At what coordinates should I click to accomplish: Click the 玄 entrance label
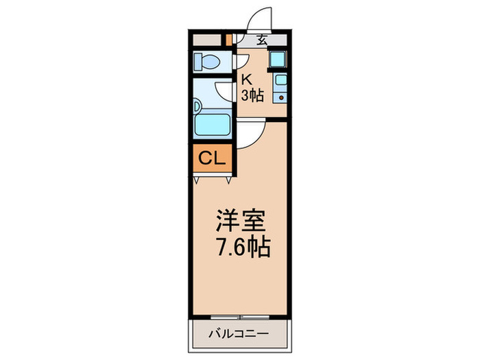pyautogui.click(x=261, y=39)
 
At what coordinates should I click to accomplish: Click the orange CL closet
pyautogui.click(x=212, y=159)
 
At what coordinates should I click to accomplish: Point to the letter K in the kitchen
pyautogui.click(x=245, y=79)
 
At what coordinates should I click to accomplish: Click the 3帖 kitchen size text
pyautogui.click(x=252, y=95)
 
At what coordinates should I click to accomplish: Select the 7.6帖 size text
pyautogui.click(x=241, y=246)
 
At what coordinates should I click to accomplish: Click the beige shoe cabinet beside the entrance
pyautogui.click(x=207, y=39)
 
